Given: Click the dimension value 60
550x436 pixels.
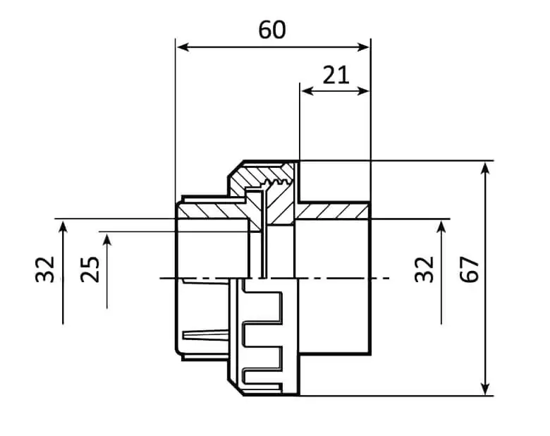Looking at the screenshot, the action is coord(272,30).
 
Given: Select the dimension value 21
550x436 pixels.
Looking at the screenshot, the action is coord(336,75).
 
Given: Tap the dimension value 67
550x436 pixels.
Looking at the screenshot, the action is coord(470,270).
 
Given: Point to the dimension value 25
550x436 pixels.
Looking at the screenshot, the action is coord(90,270).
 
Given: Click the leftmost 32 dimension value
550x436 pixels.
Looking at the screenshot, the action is coord(45,270).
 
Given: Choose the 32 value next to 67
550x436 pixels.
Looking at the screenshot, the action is coord(424,270).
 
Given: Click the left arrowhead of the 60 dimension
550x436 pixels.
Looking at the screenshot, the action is coord(183,47).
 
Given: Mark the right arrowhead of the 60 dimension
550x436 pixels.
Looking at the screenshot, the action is coord(363,47).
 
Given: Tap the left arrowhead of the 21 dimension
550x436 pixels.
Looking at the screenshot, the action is coord(307,91).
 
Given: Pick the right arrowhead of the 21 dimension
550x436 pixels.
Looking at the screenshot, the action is coord(363,91).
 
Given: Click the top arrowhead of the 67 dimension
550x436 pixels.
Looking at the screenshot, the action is coord(485,169).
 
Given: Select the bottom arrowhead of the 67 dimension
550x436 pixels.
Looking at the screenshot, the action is coord(485,388).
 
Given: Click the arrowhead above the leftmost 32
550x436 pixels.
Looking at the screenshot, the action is coord(63,226).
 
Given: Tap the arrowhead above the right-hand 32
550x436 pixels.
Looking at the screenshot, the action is coord(441,226).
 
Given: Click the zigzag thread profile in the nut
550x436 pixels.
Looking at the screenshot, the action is coord(277,182).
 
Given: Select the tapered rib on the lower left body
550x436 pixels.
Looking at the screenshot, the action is coord(206,335).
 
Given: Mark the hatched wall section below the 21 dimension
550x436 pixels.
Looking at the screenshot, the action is coord(332,211).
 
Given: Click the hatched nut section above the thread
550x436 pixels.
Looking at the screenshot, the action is coord(263,173).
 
